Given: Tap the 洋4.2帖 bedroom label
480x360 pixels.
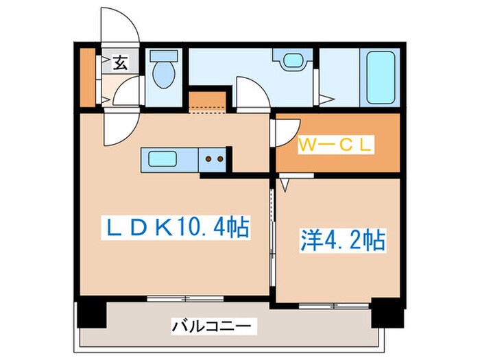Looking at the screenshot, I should click(341, 240).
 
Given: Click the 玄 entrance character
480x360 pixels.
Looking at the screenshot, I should click(119, 64).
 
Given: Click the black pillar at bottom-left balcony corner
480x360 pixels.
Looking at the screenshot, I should click(91, 313).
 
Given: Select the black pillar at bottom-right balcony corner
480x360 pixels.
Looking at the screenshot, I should click(384, 313).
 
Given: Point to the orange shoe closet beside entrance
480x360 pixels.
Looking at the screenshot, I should click(88, 77).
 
